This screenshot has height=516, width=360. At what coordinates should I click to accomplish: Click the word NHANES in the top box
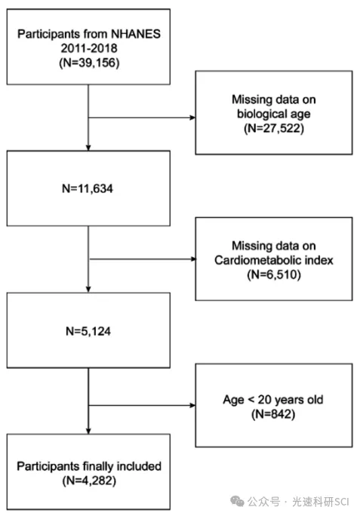(x=136, y=34)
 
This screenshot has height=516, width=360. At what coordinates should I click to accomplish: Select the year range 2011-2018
(x=89, y=48)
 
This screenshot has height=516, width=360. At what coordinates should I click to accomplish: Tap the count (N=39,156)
(x=89, y=63)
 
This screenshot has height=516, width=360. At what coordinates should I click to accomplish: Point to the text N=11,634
(x=88, y=189)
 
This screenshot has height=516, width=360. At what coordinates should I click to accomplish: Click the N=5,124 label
(x=88, y=331)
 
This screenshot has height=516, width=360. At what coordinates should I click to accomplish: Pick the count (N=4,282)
(x=89, y=481)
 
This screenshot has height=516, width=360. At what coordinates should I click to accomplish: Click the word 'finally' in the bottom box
(x=98, y=466)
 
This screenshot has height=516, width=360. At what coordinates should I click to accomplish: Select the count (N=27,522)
(x=274, y=128)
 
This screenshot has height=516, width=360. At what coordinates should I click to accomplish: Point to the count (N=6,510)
(x=274, y=275)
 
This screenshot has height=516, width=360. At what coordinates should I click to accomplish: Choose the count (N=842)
(x=273, y=414)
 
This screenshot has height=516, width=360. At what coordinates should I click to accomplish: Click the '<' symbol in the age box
(x=251, y=400)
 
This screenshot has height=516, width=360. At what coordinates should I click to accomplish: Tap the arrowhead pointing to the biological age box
(x=192, y=118)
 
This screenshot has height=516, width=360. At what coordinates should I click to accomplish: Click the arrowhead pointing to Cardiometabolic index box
(x=193, y=259)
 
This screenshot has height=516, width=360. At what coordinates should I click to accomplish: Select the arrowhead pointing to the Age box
(x=192, y=405)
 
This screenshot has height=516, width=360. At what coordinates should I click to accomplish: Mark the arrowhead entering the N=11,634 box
(x=88, y=148)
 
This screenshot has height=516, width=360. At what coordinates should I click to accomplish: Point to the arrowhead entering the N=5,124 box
(x=88, y=290)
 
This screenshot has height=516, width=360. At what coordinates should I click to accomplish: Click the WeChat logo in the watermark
(x=237, y=502)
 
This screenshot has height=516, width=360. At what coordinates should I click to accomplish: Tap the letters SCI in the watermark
(x=341, y=502)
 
